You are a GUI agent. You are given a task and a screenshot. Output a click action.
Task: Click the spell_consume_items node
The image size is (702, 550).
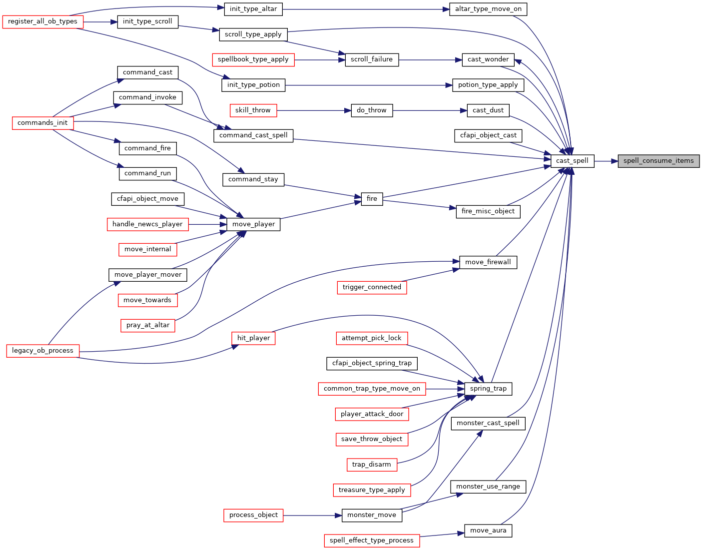click(x=659, y=161)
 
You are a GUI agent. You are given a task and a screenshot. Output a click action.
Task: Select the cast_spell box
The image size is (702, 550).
click(x=572, y=161)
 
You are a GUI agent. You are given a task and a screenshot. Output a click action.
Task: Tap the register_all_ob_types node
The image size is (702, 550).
click(x=42, y=21)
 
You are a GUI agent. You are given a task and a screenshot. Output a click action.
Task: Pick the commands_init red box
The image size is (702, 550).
click(x=42, y=123)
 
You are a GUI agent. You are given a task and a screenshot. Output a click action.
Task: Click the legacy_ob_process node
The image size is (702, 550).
click(x=42, y=351)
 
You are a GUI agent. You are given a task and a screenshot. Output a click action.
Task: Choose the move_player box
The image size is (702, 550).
click(x=253, y=224)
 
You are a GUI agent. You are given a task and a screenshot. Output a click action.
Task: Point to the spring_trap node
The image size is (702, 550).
click(x=488, y=389)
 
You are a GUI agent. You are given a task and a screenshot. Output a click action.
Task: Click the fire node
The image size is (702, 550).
click(x=372, y=199)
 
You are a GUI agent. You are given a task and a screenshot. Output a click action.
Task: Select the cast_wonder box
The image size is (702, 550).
click(x=488, y=60)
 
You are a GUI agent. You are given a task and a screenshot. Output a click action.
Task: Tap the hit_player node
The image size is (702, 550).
click(x=253, y=338)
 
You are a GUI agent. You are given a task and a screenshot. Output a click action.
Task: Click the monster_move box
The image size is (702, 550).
click(x=372, y=516)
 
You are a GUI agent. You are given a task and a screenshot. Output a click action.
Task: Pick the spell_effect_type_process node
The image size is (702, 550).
click(x=372, y=541)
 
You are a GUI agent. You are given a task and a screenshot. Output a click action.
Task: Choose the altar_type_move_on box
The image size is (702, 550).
click(x=488, y=9)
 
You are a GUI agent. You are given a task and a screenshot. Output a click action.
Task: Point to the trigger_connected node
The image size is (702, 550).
click(x=372, y=287)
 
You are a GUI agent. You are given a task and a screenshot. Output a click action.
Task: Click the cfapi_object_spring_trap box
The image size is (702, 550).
click(x=372, y=363)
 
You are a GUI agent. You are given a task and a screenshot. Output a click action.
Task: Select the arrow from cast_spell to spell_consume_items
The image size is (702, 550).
click(x=606, y=161)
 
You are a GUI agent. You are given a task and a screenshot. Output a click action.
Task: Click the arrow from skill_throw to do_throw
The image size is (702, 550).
click(x=314, y=110)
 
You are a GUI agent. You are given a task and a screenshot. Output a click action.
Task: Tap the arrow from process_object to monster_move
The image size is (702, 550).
click(x=312, y=516)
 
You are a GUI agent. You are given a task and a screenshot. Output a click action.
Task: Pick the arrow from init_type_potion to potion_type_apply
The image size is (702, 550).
click(x=369, y=85)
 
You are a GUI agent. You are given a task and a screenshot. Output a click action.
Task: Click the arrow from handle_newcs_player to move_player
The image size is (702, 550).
click(x=208, y=224)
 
